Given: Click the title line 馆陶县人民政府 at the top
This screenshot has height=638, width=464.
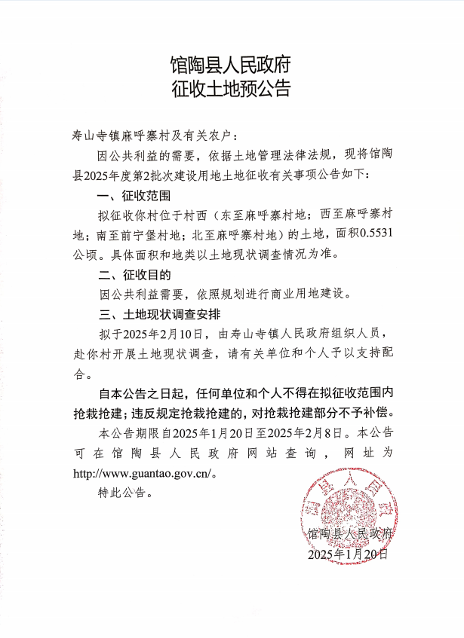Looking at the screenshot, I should (231, 63).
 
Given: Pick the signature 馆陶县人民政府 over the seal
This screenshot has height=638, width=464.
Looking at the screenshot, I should (351, 533).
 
